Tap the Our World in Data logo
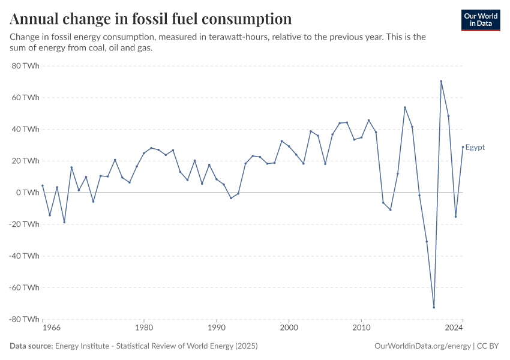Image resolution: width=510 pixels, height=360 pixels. coord(481,20)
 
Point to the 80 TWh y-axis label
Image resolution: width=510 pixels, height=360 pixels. coord(25,65)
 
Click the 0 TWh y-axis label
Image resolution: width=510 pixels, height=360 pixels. coord(28,193)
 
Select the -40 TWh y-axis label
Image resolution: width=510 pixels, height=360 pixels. coord(24,256)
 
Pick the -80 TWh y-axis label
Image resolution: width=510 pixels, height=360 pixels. coord(24,319)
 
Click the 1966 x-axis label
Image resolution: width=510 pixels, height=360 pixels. coord(52,328)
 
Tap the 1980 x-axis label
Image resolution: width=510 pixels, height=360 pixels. coord(143,328)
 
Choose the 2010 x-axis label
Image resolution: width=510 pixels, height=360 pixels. coord(361,328)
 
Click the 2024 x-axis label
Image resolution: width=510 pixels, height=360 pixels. coord(454,328)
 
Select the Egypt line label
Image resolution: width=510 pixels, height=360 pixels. coord(475,148)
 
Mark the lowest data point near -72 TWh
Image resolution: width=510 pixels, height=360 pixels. coord(434,307)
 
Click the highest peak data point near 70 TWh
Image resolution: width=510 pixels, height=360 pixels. coord(441,81)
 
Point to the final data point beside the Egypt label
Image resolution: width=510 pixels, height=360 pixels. coord(463,147)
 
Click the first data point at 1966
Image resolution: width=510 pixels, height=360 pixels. coord(43,185)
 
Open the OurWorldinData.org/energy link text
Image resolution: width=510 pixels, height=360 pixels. coord(422,346)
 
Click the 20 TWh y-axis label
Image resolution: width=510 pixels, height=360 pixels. coord(25,161)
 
